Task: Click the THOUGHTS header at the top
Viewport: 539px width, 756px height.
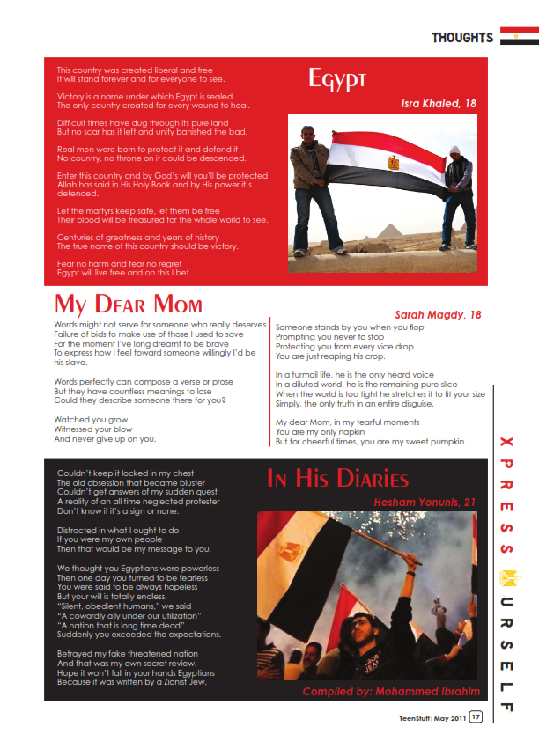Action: [x=462, y=38]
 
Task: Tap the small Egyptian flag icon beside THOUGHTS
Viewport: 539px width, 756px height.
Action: [x=519, y=36]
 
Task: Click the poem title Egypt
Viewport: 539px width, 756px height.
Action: [x=337, y=80]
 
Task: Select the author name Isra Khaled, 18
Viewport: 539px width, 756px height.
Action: [x=439, y=104]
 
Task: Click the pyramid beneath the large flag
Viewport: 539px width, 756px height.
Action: [x=388, y=232]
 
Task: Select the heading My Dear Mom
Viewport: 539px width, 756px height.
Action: [x=129, y=305]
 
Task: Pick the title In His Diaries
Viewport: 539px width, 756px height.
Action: [x=338, y=479]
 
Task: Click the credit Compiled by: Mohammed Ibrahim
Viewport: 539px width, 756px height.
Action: [x=392, y=691]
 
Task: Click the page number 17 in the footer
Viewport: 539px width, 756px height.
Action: [x=476, y=717]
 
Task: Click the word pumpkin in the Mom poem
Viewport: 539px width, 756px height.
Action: [x=447, y=441]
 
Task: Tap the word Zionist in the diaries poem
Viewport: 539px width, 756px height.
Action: [x=162, y=682]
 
